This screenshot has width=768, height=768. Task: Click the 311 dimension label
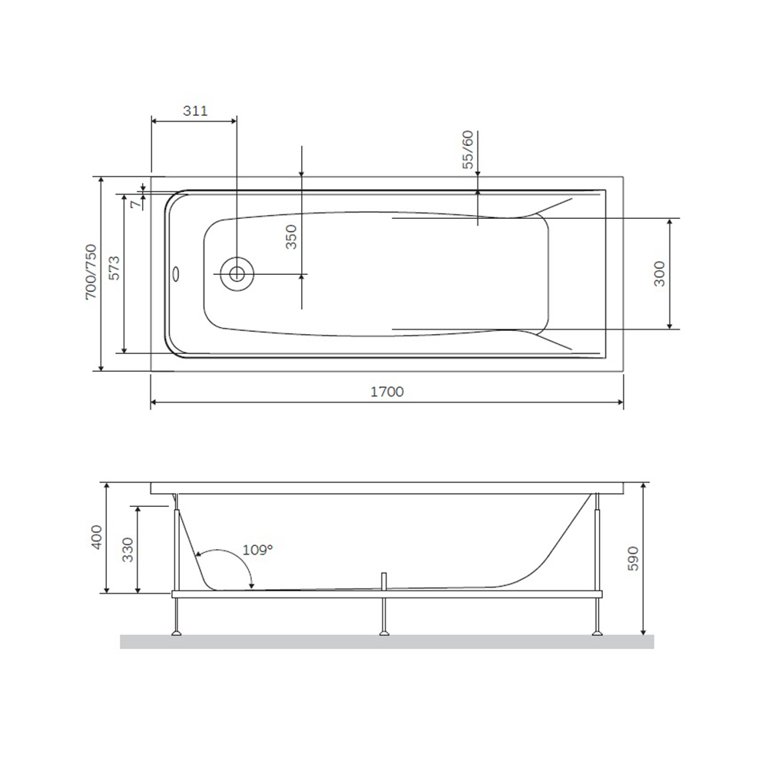click(195, 111)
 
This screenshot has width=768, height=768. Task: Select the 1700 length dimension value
click(387, 392)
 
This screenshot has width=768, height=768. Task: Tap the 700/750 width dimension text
click(91, 272)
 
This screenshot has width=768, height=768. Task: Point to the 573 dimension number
click(113, 272)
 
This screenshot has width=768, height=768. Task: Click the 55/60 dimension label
click(468, 150)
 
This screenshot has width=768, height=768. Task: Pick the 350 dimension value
click(291, 238)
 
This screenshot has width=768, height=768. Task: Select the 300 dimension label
click(659, 273)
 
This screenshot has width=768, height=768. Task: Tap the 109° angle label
click(257, 550)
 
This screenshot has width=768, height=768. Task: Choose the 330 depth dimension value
click(127, 550)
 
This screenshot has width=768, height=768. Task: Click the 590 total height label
click(633, 559)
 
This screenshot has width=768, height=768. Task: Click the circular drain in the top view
click(237, 273)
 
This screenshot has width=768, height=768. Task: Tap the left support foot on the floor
click(177, 633)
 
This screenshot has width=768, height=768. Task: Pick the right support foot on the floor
click(596, 633)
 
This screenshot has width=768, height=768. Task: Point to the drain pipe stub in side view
click(384, 581)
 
